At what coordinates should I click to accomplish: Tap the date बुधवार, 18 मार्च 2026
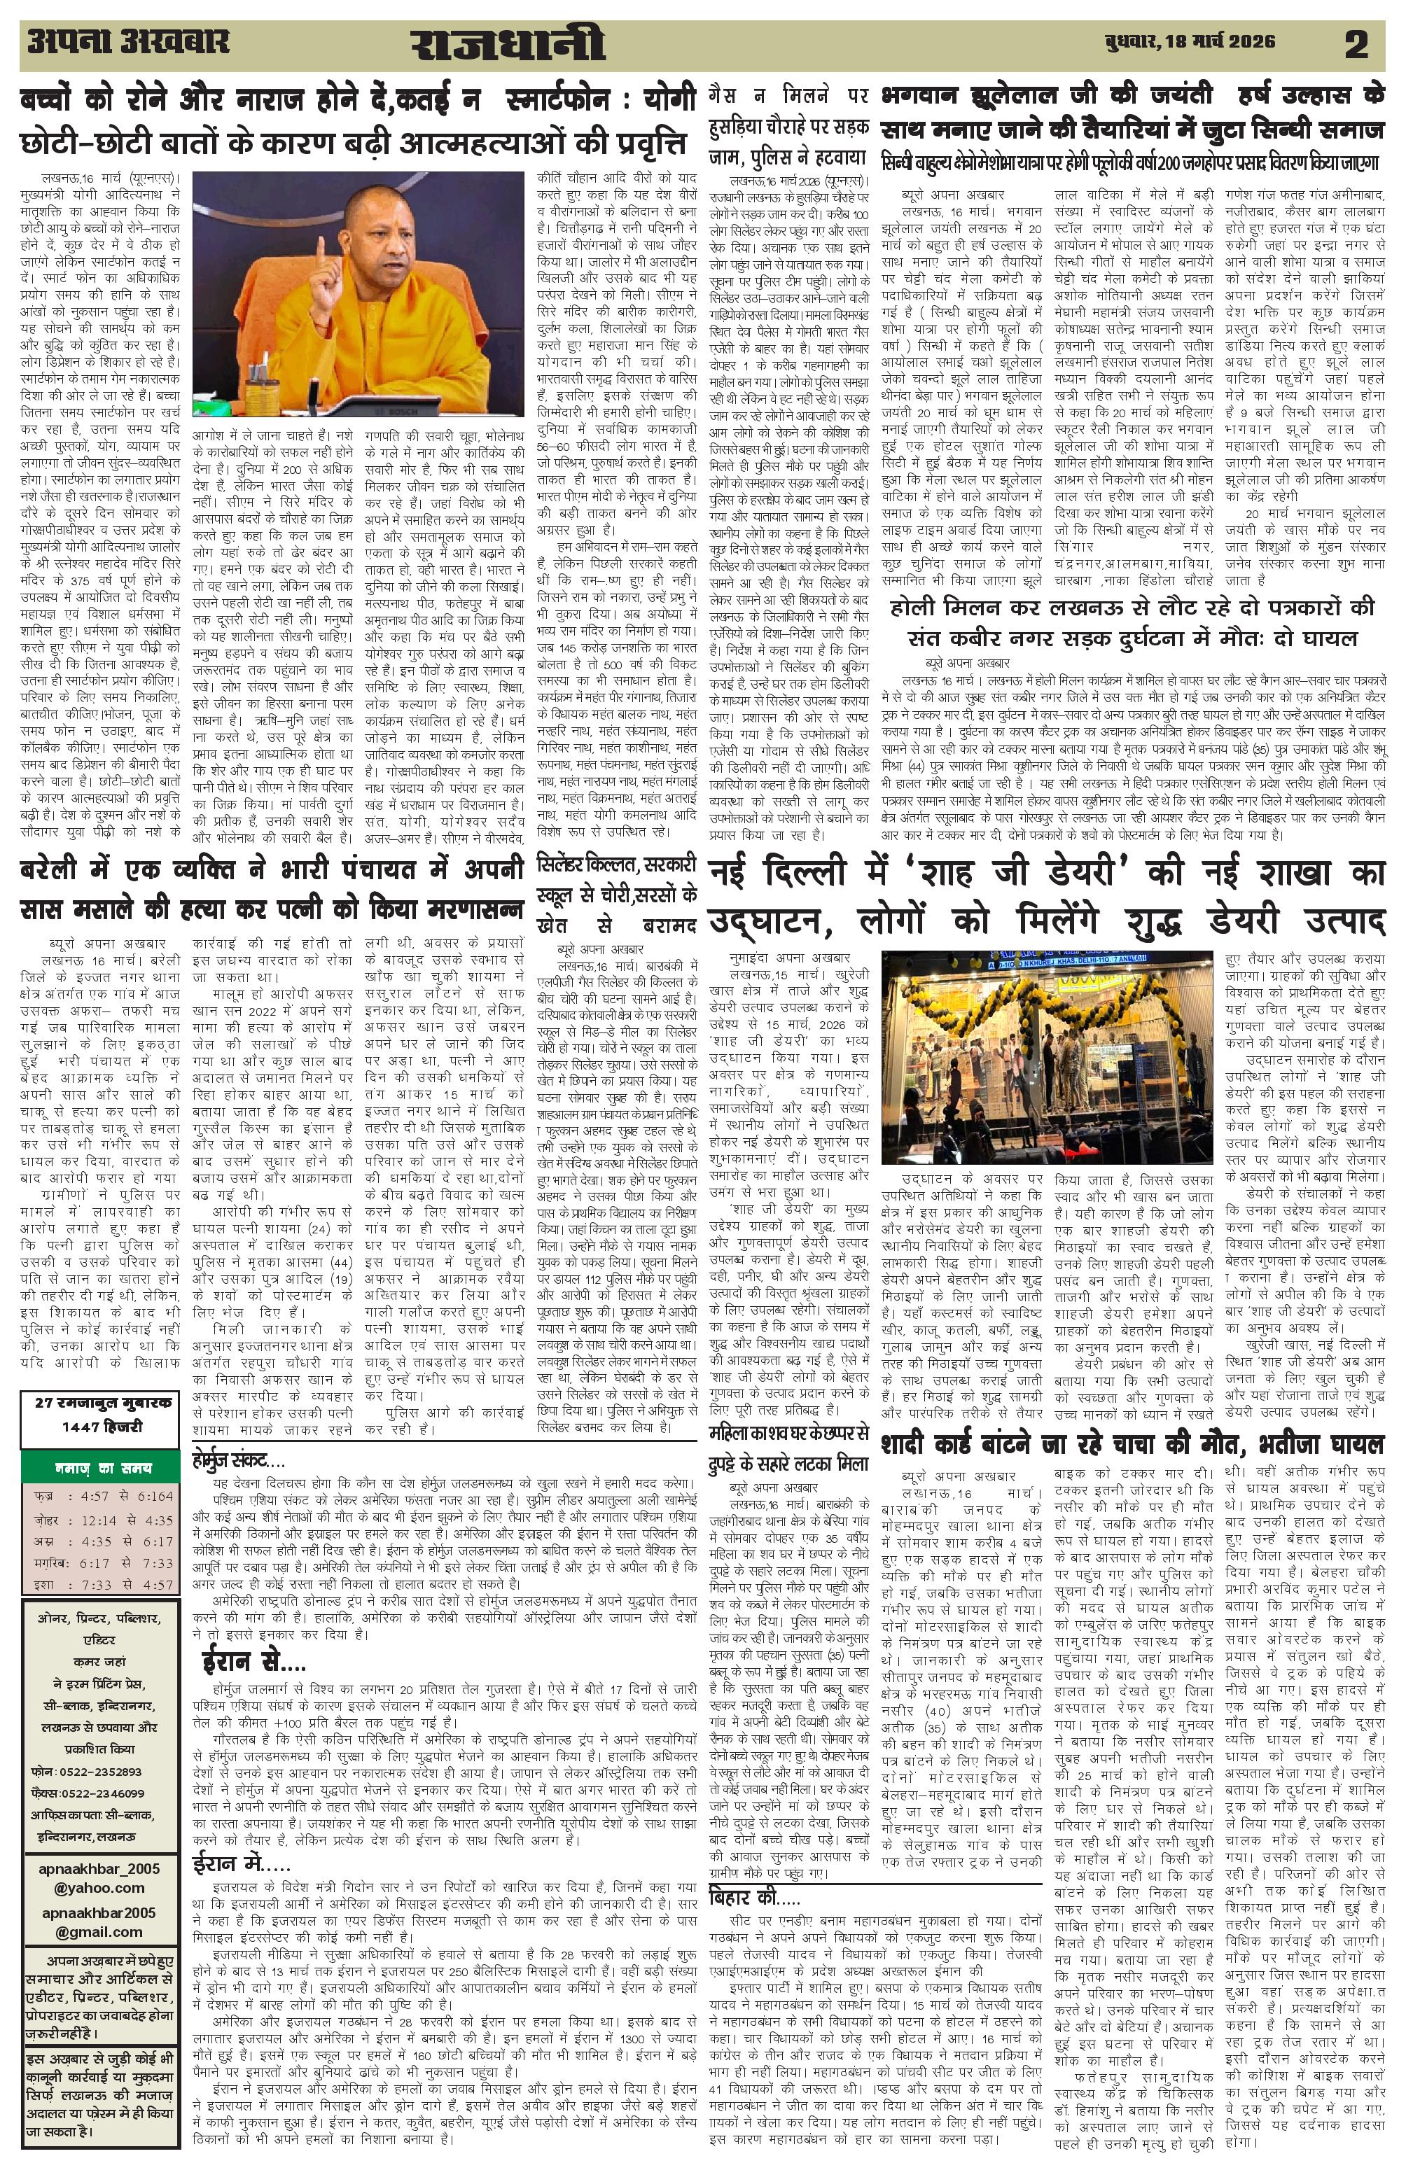1183,43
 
